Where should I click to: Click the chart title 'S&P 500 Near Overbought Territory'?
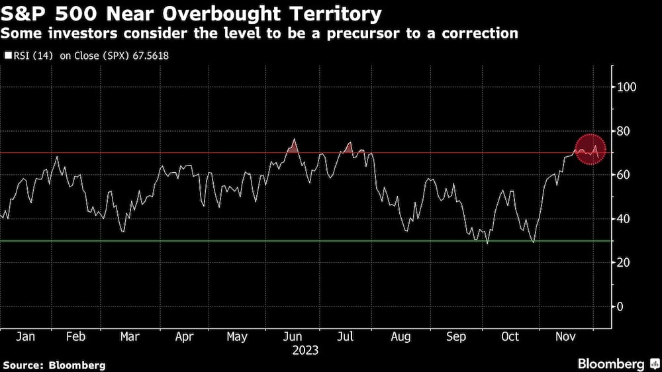pos(192,13)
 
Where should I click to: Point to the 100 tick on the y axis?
pos(627,87)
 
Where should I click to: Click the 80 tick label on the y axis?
pos(624,131)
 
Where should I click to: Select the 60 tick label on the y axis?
pos(624,175)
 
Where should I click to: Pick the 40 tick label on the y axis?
pos(624,218)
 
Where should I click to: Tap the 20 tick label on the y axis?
pos(624,263)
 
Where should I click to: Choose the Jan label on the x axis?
pos(25,337)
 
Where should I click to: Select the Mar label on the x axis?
pos(130,337)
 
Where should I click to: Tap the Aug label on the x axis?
pos(401,337)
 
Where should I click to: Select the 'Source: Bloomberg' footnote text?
pos(54,365)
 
